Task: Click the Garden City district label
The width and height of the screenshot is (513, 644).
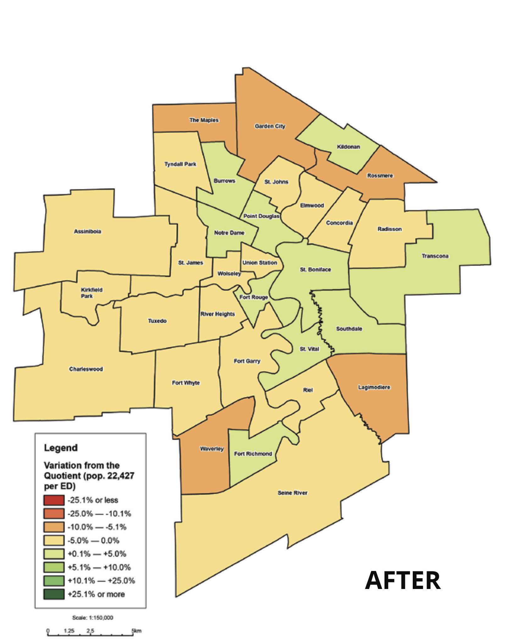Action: (270, 126)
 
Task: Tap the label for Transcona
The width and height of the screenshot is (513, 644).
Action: (435, 256)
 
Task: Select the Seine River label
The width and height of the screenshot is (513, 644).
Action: (292, 493)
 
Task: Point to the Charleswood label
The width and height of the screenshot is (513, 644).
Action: (86, 369)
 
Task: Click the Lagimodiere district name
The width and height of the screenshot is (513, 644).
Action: (374, 387)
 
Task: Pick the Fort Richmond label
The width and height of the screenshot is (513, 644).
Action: (253, 453)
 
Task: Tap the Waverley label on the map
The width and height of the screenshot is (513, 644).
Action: (212, 449)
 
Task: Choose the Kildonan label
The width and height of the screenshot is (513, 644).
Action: (348, 147)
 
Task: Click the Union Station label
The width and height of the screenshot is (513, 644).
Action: (260, 263)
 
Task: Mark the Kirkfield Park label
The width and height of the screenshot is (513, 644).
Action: (91, 293)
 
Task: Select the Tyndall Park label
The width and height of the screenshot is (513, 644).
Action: (180, 164)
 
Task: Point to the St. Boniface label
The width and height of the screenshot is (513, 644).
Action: (315, 269)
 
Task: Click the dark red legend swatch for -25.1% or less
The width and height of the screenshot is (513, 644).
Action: (54, 500)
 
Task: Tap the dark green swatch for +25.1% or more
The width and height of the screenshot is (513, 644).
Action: (54, 594)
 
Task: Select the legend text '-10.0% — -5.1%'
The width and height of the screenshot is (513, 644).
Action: (97, 527)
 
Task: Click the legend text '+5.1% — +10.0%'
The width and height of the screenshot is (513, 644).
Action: (99, 567)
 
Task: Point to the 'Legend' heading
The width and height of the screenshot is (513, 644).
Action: (61, 448)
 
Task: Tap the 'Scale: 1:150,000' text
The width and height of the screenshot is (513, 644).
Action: (93, 618)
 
